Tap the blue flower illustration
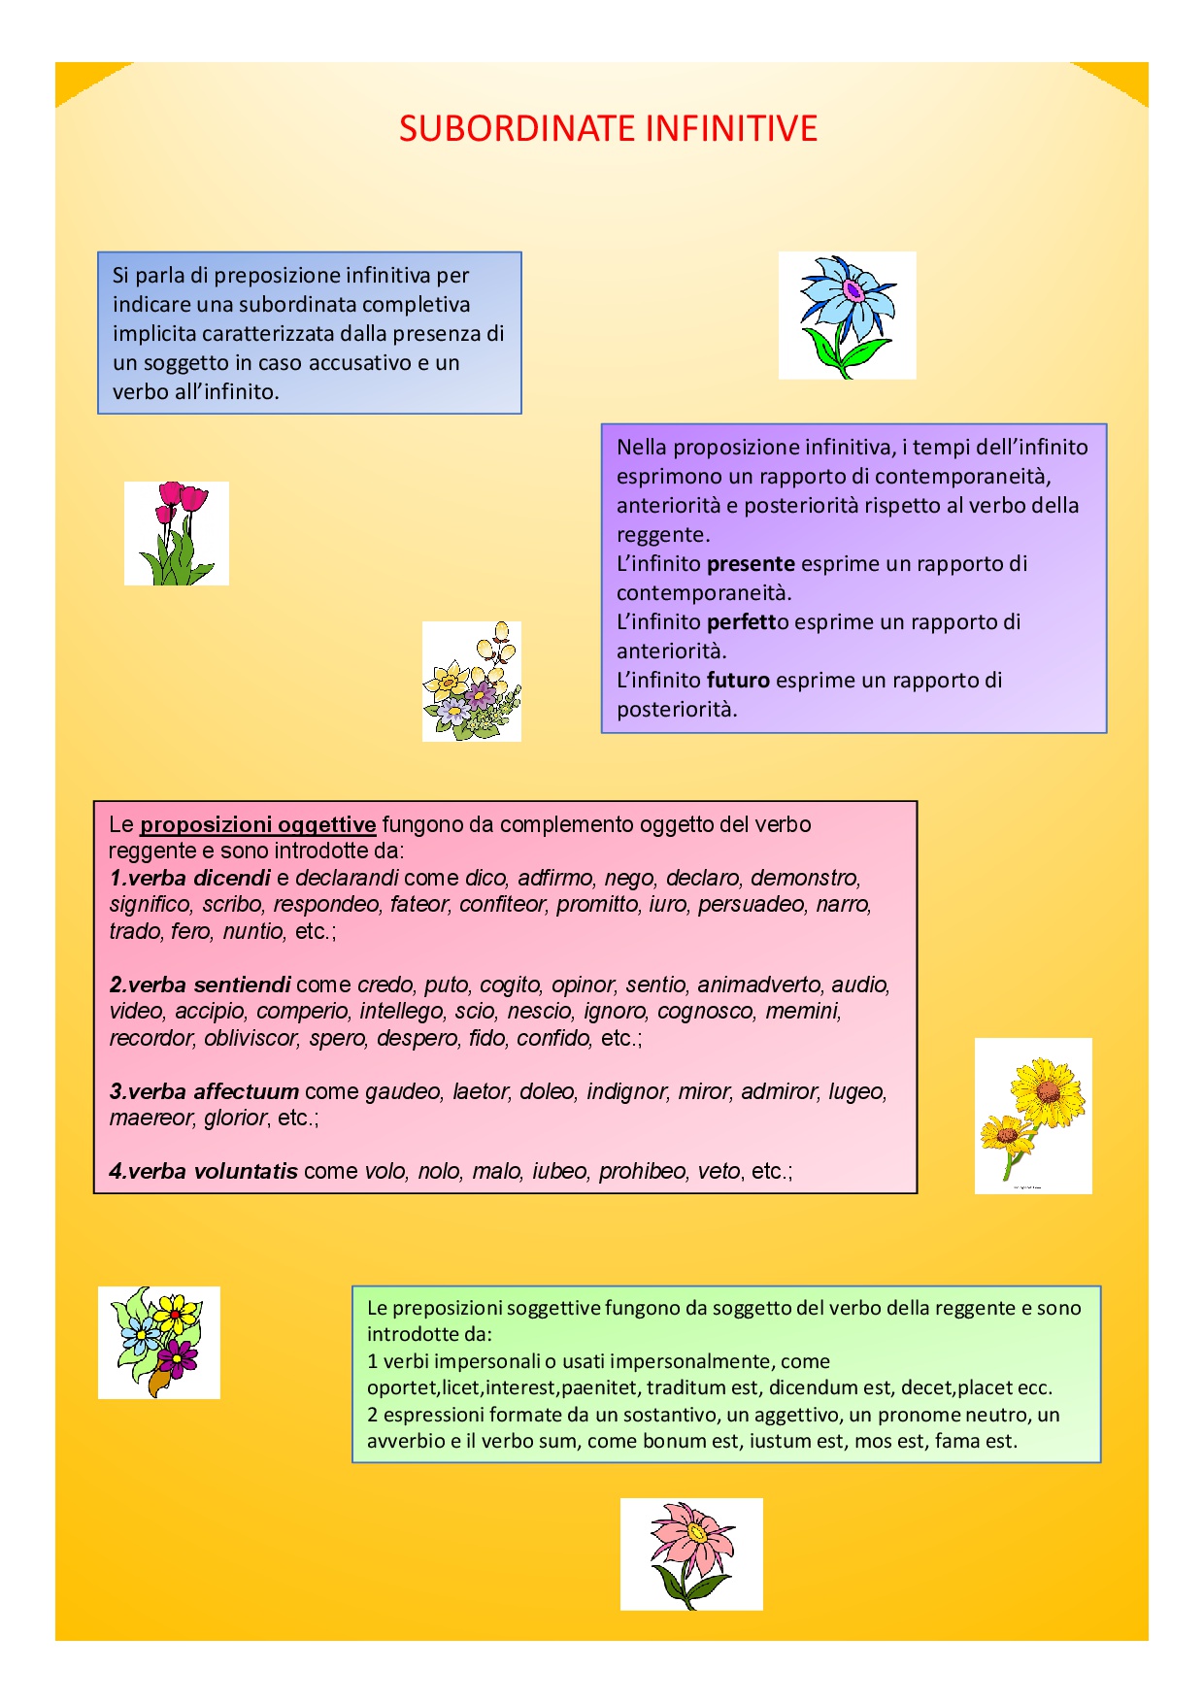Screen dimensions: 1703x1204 tap(847, 316)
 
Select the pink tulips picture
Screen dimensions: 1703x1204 tap(177, 533)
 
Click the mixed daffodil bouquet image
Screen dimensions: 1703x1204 tap(472, 682)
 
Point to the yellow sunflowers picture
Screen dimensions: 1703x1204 tap(1033, 1115)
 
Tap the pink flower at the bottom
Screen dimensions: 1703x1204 tap(691, 1553)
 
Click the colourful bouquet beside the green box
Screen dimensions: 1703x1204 tap(159, 1342)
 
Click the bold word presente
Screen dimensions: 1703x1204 tap(751, 563)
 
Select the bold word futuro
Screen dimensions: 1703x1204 tap(738, 680)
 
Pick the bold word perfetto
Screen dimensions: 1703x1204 tap(748, 621)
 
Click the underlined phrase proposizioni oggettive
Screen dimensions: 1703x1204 tap(257, 824)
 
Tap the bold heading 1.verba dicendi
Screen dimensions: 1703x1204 tap(189, 878)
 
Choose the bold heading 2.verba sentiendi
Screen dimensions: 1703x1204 tap(199, 985)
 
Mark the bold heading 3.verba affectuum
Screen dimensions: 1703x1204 tap(203, 1091)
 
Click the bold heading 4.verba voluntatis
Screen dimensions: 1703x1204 tap(203, 1171)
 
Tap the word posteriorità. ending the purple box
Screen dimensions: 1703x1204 tap(677, 709)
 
